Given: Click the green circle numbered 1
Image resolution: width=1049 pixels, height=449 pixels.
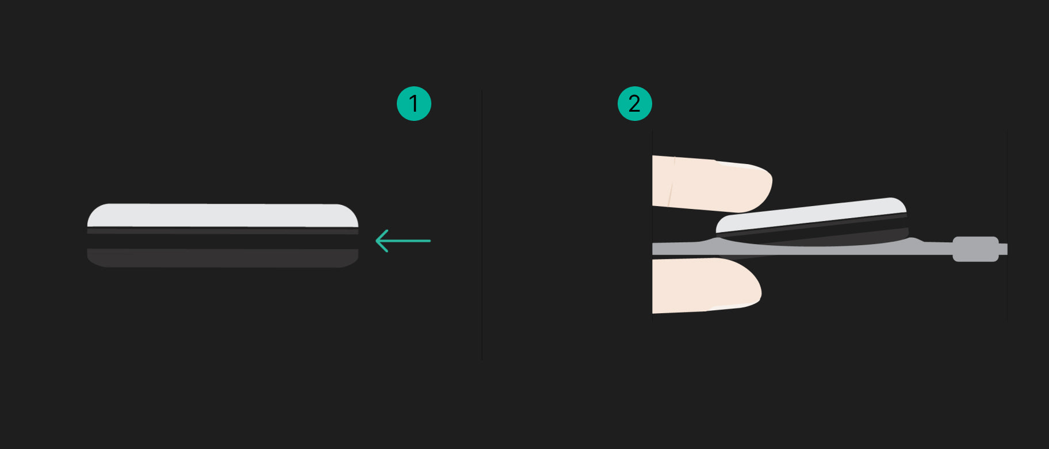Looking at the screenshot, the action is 414,104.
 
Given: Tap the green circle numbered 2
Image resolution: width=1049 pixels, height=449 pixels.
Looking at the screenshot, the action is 635,104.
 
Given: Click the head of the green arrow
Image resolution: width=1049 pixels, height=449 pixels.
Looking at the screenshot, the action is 377,241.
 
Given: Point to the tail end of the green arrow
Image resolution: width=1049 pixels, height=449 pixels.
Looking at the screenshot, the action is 430,241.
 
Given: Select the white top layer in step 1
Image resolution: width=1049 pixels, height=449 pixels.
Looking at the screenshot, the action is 223,215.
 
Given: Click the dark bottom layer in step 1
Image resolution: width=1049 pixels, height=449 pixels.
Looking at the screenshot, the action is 223,258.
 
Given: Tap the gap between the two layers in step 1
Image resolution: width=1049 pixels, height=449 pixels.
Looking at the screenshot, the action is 223,241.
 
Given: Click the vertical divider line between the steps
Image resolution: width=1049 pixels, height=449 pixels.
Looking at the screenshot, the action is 482,224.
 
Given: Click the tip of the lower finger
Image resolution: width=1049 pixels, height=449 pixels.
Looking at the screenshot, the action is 760,288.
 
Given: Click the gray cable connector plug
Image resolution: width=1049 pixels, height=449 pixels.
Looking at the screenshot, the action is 975,249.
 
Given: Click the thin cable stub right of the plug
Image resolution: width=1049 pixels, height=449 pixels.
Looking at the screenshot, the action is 1004,249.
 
